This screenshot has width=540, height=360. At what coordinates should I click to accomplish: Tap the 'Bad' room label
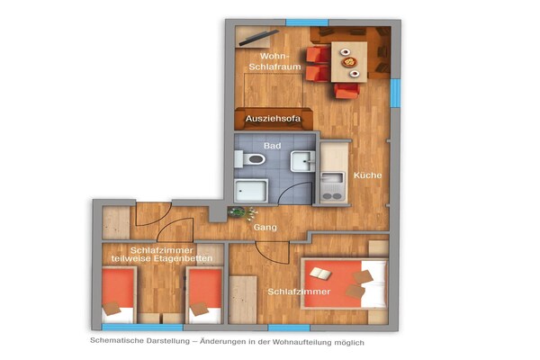(x=272, y=145)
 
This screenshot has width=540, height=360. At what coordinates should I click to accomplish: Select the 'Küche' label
(x=367, y=175)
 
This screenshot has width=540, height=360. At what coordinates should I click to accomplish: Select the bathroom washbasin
(x=303, y=161)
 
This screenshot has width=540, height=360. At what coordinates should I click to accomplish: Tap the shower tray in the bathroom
(x=251, y=190)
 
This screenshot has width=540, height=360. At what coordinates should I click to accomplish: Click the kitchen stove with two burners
(x=331, y=191)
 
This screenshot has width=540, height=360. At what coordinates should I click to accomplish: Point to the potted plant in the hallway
(x=237, y=212)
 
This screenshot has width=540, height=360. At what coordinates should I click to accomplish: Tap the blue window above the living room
(x=304, y=21)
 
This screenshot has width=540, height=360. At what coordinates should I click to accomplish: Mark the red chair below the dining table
(x=347, y=90)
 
